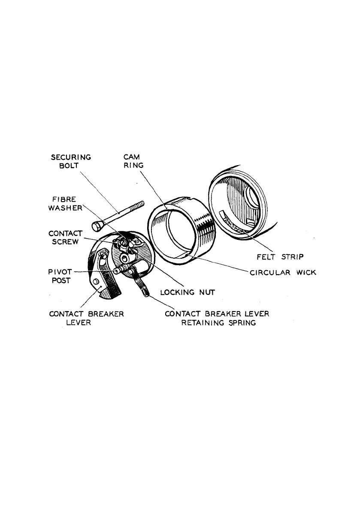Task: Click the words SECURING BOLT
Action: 70,161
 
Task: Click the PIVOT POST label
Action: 58,275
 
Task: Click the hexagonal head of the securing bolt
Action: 96,225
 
